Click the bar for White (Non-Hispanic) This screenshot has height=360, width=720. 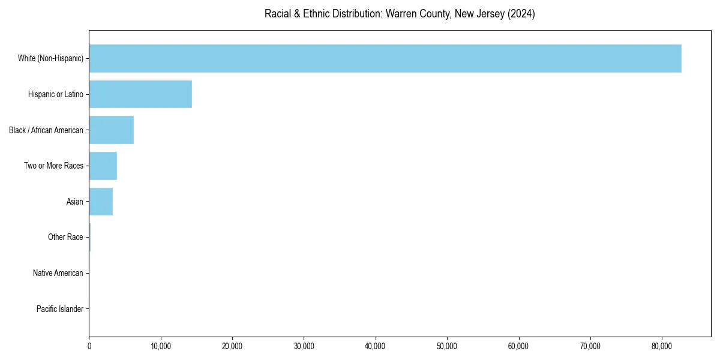[385, 58]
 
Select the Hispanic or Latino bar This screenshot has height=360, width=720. [140, 94]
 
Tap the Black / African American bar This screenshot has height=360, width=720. [111, 130]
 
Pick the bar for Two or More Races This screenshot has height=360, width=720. [103, 166]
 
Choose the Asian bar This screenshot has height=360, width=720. [101, 202]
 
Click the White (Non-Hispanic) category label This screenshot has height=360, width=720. [50, 58]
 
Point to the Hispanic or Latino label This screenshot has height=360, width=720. [56, 94]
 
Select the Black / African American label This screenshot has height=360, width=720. [46, 130]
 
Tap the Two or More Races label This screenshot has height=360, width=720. [54, 166]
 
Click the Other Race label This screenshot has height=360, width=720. [65, 238]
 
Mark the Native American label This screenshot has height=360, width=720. [58, 273]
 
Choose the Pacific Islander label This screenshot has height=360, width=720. [60, 309]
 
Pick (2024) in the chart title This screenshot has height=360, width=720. [521, 14]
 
